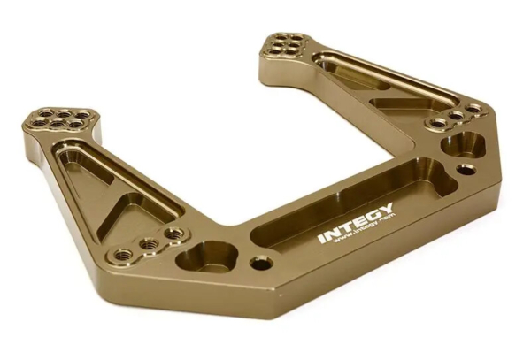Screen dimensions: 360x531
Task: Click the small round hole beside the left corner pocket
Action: tap(259, 263)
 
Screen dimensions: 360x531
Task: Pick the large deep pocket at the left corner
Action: tap(206, 257)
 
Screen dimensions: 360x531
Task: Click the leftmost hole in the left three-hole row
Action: tap(125, 255)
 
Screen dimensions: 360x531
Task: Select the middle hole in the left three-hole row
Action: tap(151, 243)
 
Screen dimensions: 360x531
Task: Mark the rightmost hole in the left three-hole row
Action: tap(174, 234)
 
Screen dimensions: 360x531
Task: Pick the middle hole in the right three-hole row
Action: tap(456, 115)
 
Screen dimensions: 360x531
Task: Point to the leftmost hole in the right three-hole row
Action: tap(437, 123)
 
